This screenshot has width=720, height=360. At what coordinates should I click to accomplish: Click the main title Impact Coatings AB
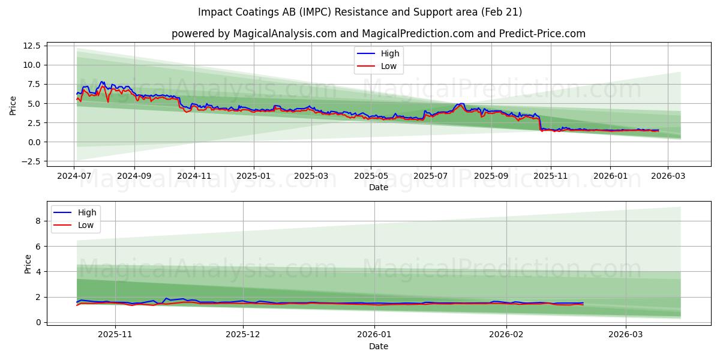coord(360,12)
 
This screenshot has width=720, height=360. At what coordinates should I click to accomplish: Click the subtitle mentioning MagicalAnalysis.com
coord(378,34)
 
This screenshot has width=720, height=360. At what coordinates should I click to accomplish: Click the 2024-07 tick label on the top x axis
coord(74,176)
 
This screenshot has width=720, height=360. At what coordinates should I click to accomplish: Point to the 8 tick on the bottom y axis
coord(37,221)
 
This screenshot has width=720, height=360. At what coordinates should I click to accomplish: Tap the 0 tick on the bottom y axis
coord(37,322)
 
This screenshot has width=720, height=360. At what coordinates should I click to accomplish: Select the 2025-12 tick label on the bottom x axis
coord(243,334)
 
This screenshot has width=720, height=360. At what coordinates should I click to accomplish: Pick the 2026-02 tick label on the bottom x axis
coord(506,334)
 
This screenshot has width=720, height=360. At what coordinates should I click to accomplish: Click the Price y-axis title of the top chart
coord(13,106)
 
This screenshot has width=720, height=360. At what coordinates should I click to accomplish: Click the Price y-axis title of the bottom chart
coord(28,264)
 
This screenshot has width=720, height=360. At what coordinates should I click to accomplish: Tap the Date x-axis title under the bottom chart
coord(378,346)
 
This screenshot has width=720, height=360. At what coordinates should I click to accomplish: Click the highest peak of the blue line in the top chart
coord(102,82)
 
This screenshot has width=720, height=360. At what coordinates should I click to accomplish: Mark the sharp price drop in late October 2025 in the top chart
coord(539,122)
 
